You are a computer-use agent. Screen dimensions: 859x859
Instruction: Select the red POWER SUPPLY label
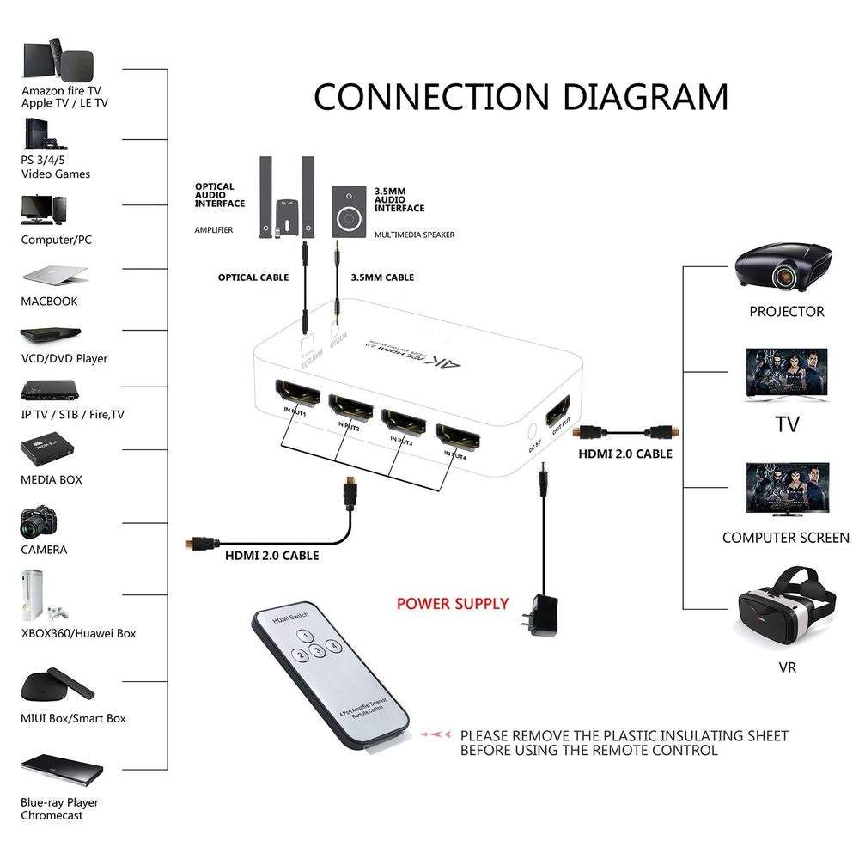tap(453, 604)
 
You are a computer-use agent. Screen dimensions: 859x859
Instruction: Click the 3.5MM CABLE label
tap(382, 277)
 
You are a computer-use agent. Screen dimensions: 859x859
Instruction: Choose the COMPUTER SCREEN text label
tap(785, 538)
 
